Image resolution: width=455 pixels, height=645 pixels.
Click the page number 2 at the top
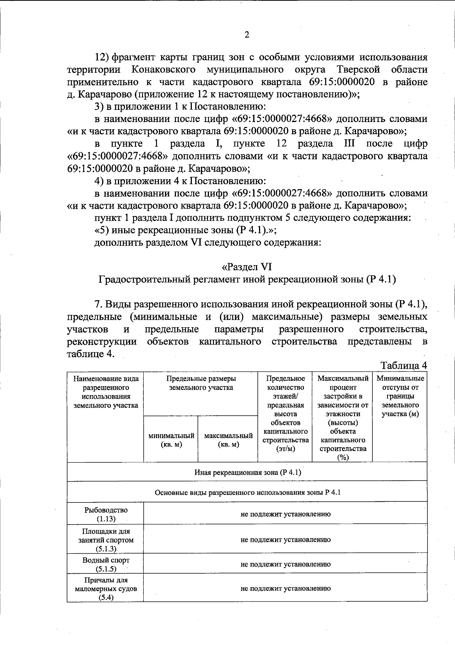click(x=247, y=35)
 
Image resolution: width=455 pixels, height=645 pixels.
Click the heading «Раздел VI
click(x=247, y=267)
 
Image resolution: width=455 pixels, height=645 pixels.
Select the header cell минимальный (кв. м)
click(x=171, y=440)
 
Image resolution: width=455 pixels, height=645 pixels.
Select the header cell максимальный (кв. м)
click(x=228, y=440)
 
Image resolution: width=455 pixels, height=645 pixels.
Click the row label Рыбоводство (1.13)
click(x=106, y=514)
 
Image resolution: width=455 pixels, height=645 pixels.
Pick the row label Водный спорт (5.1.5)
click(x=106, y=564)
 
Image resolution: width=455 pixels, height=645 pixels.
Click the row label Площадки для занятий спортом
click(x=106, y=540)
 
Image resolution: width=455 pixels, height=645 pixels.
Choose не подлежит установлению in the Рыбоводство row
click(x=285, y=514)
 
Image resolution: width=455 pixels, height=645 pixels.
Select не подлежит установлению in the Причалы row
click(x=285, y=589)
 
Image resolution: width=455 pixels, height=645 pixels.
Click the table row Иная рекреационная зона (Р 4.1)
click(x=247, y=472)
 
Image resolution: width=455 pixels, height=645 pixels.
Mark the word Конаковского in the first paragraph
click(x=164, y=70)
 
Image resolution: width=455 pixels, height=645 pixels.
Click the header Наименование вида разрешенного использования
click(x=106, y=392)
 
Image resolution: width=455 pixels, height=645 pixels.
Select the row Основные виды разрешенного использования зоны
click(x=247, y=493)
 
